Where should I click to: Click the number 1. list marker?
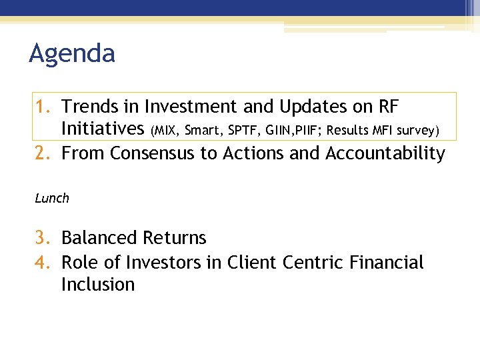44,107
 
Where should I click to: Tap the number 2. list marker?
44,153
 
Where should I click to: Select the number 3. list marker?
44,238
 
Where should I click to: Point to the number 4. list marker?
44,263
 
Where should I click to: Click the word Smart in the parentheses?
201,131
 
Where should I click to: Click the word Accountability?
385,153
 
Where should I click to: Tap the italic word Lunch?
52,198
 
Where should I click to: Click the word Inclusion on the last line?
98,285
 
